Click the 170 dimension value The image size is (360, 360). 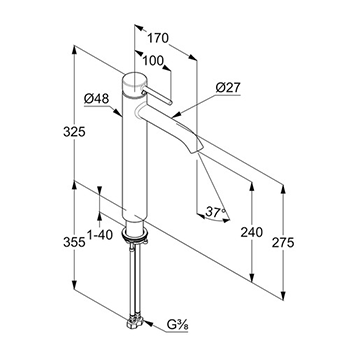pyautogui.click(x=158, y=39)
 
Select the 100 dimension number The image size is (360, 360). pyautogui.click(x=153, y=61)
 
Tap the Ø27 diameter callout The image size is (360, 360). pyautogui.click(x=228, y=88)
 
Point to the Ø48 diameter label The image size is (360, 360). pyautogui.click(x=96, y=99)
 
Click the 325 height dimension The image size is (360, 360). pyautogui.click(x=74, y=132)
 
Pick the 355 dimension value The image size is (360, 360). pyautogui.click(x=74, y=242)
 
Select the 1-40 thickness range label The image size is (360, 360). pyautogui.click(x=99, y=235)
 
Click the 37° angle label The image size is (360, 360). pyautogui.click(x=216, y=211)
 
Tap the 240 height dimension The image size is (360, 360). pyautogui.click(x=252, y=232)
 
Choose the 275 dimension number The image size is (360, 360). pyautogui.click(x=283, y=243)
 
